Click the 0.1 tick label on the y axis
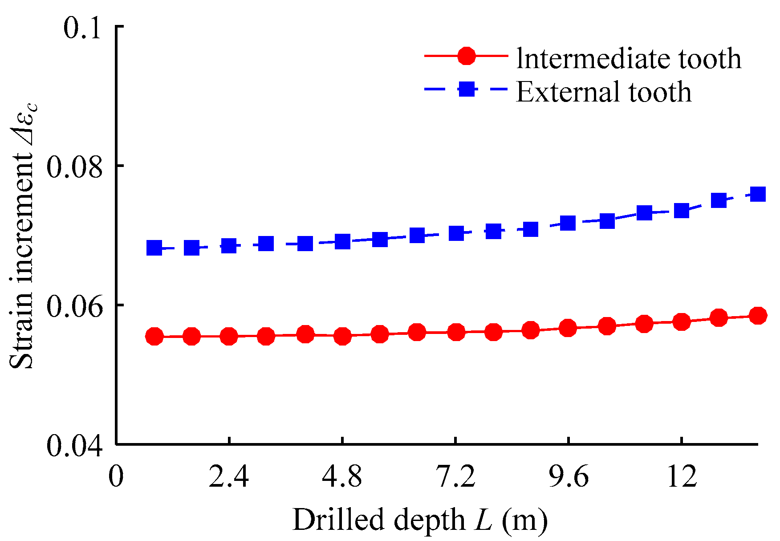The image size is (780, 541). click(x=83, y=28)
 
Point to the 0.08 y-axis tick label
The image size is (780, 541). click(x=74, y=167)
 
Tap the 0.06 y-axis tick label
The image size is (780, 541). click(x=74, y=306)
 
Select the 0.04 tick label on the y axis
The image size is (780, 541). click(x=74, y=446)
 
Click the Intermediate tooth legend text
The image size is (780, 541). click(x=629, y=58)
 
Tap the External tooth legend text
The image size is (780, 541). click(x=604, y=92)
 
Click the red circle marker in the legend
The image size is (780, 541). click(x=466, y=56)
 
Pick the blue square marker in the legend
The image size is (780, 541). click(x=466, y=89)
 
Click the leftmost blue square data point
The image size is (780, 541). click(x=154, y=248)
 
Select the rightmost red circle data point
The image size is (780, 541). click(x=758, y=316)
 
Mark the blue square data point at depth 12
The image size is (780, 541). click(x=681, y=210)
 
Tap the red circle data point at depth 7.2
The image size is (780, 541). click(x=456, y=332)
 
